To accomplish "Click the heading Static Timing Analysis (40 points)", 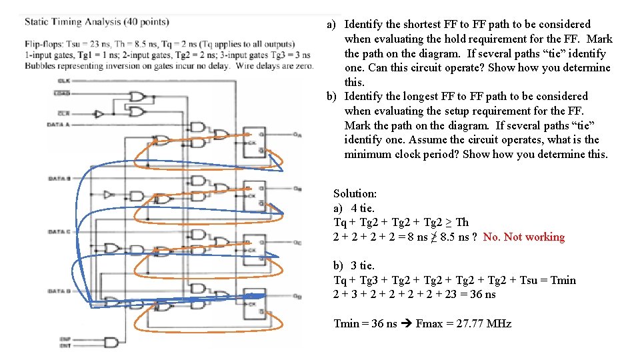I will tap(97, 21).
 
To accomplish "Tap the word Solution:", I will tap(355, 193).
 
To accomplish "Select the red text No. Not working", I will tap(523, 237).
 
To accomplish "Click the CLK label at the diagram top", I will tap(63, 81).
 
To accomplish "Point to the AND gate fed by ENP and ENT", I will tap(111, 342).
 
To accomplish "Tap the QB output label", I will tap(297, 189).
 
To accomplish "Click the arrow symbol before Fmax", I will tap(406, 324).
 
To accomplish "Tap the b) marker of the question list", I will tap(331, 96).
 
